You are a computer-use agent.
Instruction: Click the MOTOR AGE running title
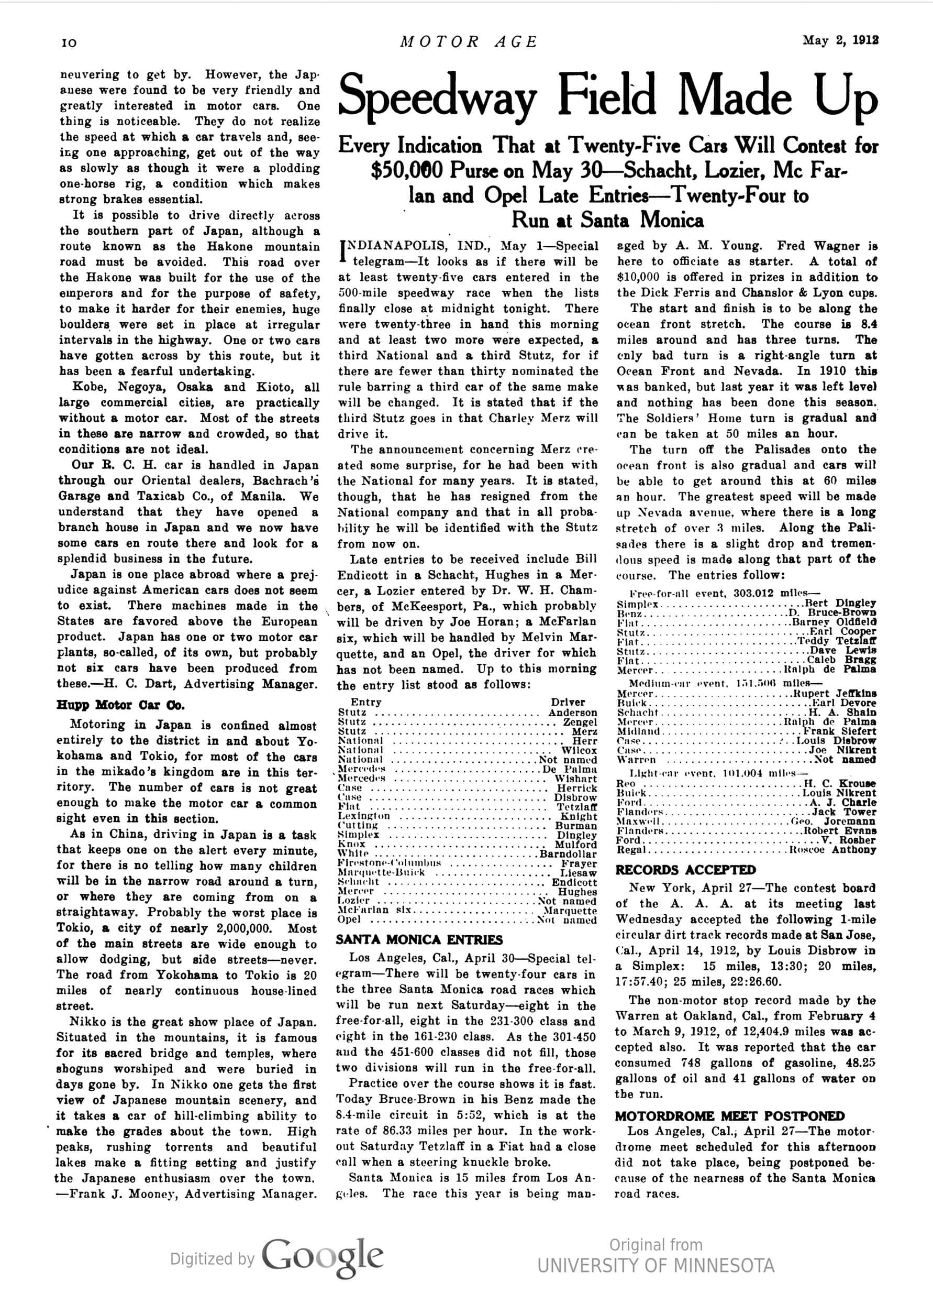(x=468, y=41)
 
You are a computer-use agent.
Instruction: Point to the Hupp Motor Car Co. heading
(x=119, y=705)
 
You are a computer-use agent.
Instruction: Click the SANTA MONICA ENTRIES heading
(x=419, y=939)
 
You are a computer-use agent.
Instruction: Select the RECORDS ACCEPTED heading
(x=685, y=870)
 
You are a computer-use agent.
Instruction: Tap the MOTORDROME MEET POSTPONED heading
(x=730, y=1116)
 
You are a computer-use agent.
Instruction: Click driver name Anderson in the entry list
(x=573, y=713)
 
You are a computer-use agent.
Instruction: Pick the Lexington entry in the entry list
(x=364, y=816)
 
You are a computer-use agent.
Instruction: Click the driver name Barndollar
(x=568, y=854)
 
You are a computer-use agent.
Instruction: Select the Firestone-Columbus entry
(x=390, y=863)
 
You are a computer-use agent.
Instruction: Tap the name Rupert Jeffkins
(x=835, y=693)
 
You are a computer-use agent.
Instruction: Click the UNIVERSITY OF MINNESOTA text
(x=656, y=1266)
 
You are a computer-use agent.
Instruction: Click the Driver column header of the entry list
(x=568, y=703)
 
